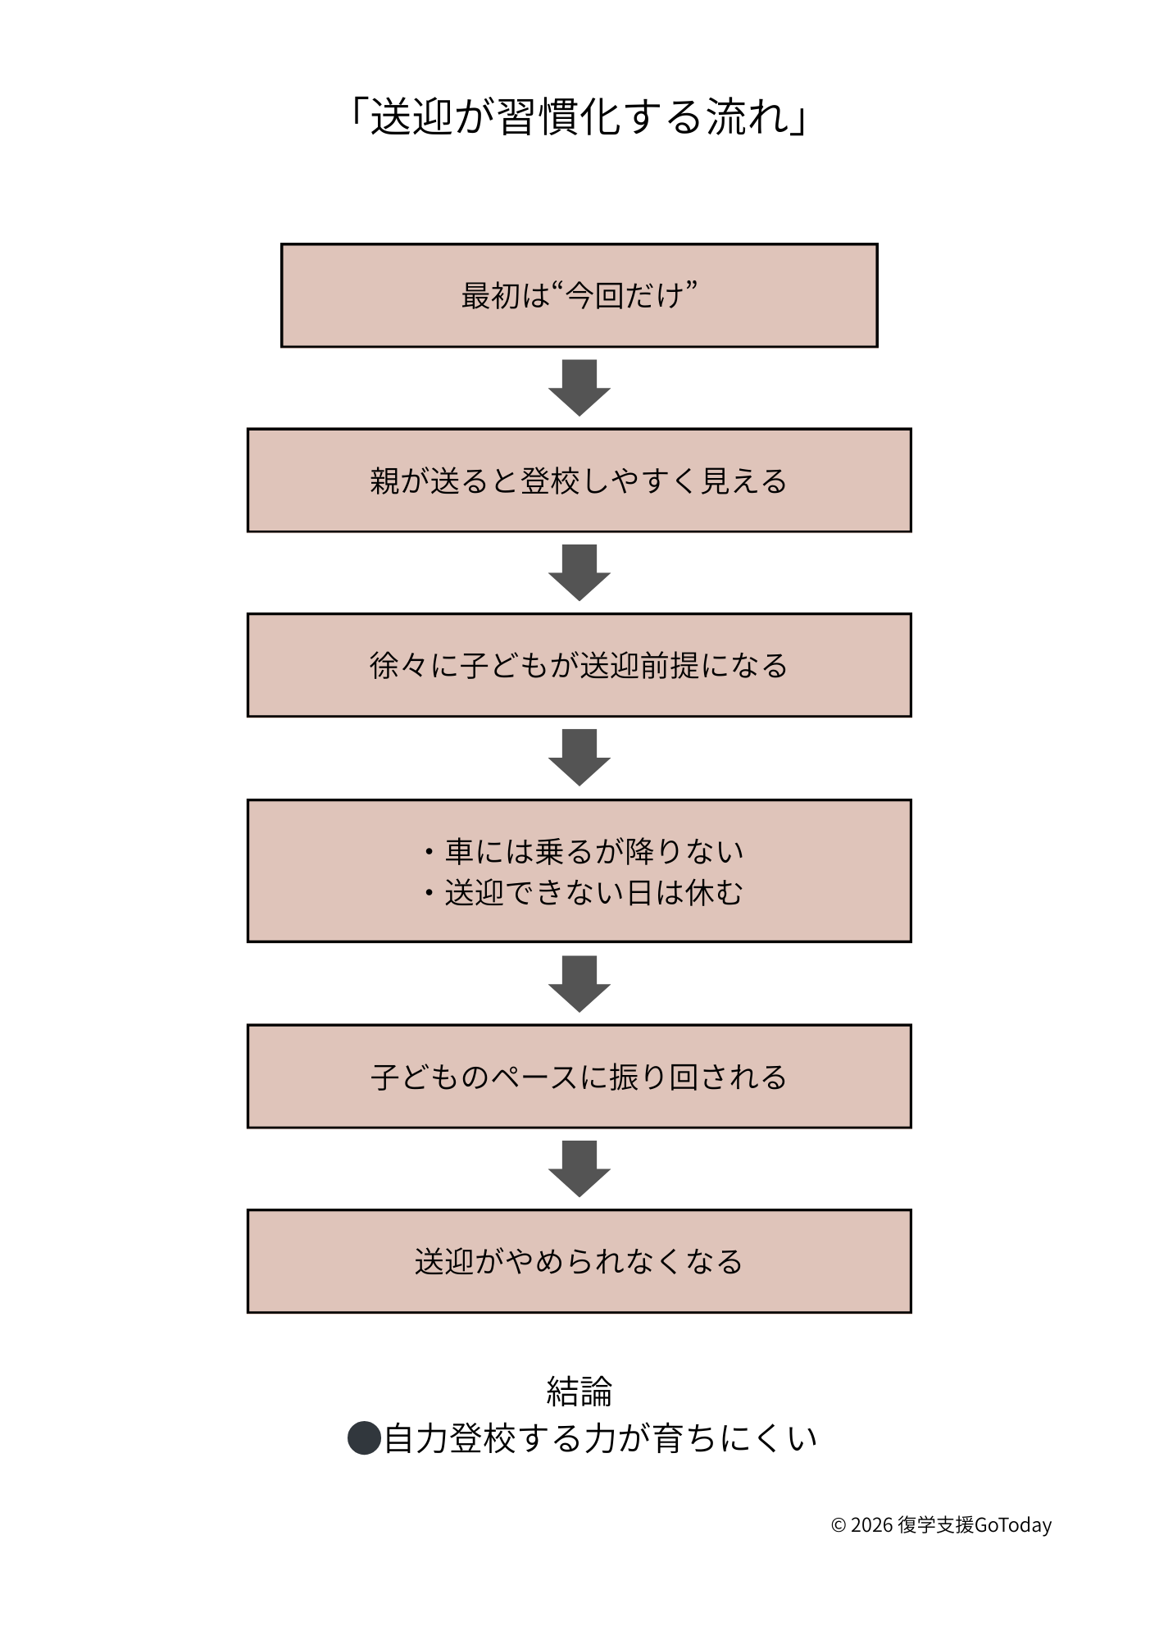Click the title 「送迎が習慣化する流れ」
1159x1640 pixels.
pyautogui.click(x=579, y=116)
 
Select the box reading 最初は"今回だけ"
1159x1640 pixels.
pyautogui.click(x=579, y=295)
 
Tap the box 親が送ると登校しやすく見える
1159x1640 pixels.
pyautogui.click(x=579, y=481)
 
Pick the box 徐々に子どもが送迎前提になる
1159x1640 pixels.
pyautogui.click(x=579, y=665)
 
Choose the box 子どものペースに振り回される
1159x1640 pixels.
pyautogui.click(x=579, y=1077)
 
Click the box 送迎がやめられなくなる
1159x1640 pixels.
pyautogui.click(x=579, y=1261)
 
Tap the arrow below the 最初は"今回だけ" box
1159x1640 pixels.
pyautogui.click(x=579, y=387)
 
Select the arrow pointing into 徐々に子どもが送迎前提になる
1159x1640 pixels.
pyautogui.click(x=579, y=572)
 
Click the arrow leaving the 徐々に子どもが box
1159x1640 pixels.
pyautogui.click(x=579, y=757)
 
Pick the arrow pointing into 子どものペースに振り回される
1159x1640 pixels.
pyautogui.click(x=579, y=983)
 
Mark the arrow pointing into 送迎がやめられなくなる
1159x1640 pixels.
pyautogui.click(x=579, y=1168)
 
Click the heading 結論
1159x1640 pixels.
pyautogui.click(x=579, y=1392)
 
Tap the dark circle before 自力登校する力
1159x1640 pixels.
pyautogui.click(x=364, y=1438)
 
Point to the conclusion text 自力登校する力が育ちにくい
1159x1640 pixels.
pyautogui.click(x=600, y=1438)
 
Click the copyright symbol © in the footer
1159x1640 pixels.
pyautogui.click(x=838, y=1525)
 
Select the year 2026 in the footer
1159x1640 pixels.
pyautogui.click(x=871, y=1525)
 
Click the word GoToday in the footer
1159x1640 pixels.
pyautogui.click(x=1013, y=1525)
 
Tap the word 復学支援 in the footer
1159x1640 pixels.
pyautogui.click(x=935, y=1525)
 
